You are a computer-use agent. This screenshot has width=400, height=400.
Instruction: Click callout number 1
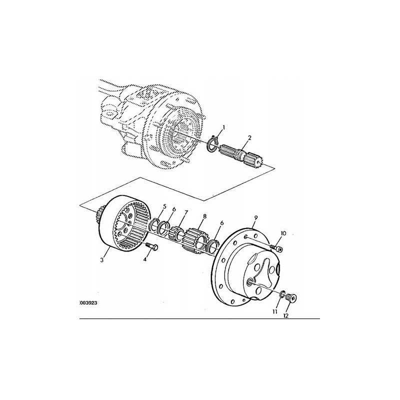(x=224, y=128)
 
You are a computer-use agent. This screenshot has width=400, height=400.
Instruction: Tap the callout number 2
(x=249, y=138)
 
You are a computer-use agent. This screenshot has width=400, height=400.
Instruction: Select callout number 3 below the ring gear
(x=102, y=260)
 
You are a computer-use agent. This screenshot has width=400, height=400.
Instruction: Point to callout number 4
(x=145, y=259)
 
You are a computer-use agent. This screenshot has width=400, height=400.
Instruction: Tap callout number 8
(x=204, y=217)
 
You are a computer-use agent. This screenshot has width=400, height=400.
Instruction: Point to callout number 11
(x=274, y=312)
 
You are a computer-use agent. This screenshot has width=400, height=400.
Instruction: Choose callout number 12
(x=286, y=316)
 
